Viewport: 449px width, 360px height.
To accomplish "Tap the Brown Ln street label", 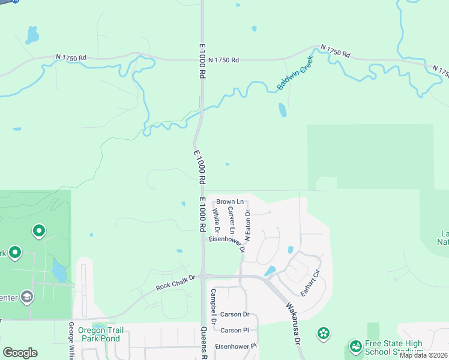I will pyautogui.click(x=231, y=202).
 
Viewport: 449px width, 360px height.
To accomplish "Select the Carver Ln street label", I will pyautogui.click(x=231, y=218).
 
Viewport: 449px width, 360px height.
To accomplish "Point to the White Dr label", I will pyautogui.click(x=216, y=221).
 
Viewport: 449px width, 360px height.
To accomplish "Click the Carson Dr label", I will pyautogui.click(x=235, y=314).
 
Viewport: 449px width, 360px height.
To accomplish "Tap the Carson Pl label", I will pyautogui.click(x=235, y=331).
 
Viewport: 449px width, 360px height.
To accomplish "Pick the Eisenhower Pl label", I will pyautogui.click(x=236, y=346).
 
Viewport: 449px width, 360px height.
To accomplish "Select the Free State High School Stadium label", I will pyautogui.click(x=394, y=348).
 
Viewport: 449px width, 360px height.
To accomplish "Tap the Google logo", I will pyautogui.click(x=20, y=353).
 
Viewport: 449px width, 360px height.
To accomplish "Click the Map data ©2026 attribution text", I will pyautogui.click(x=423, y=355).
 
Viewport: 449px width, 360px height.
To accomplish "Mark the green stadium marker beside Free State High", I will pyautogui.click(x=354, y=347).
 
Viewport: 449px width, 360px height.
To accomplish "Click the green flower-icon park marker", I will pyautogui.click(x=324, y=333).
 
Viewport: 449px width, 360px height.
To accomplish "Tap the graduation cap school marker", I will pyautogui.click(x=26, y=296).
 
